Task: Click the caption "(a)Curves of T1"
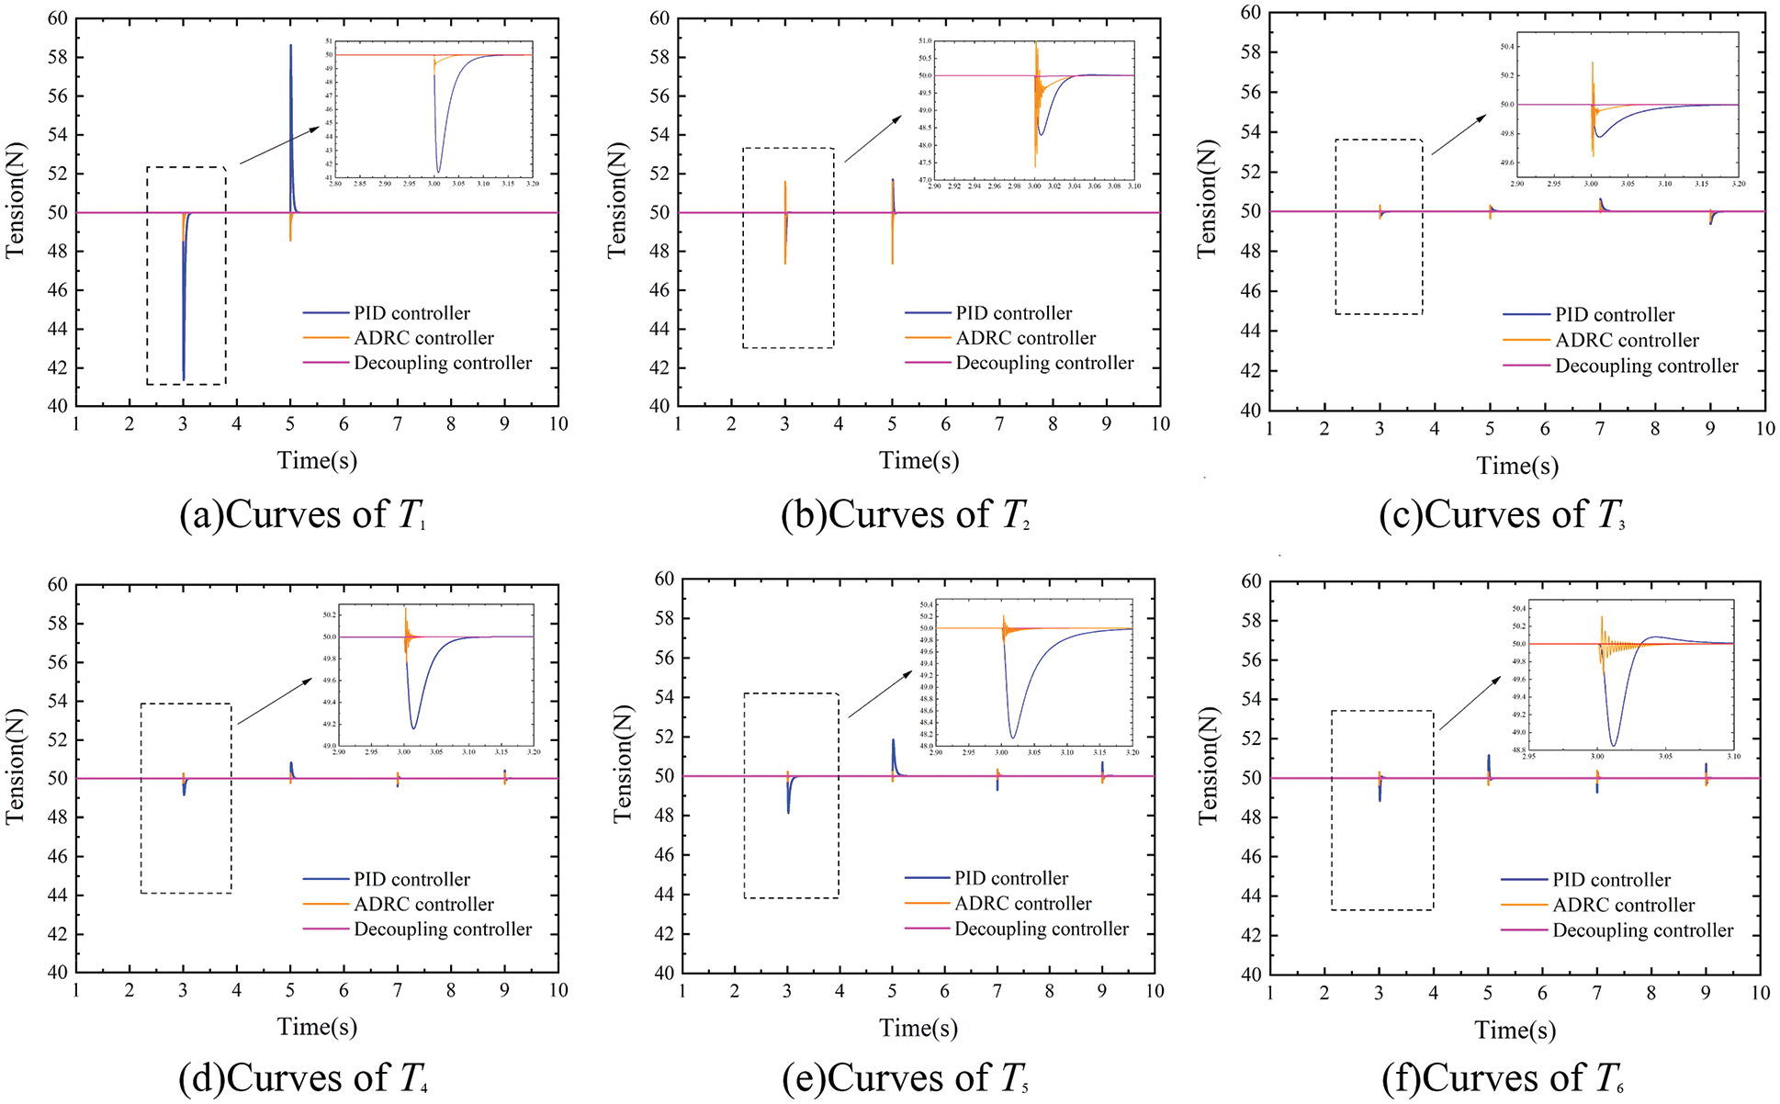(x=303, y=515)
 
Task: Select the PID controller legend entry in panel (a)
(x=411, y=313)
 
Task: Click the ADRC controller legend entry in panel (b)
(x=1025, y=338)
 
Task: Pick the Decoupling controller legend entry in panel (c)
(x=1646, y=366)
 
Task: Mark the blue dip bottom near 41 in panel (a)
(x=184, y=377)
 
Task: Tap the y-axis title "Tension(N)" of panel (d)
(x=16, y=765)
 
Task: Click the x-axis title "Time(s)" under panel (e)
(x=918, y=1028)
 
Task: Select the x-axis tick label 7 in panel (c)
(x=1600, y=429)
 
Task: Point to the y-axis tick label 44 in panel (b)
(x=659, y=329)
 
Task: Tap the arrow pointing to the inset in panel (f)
(x=1470, y=704)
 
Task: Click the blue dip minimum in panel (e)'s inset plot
(x=1013, y=737)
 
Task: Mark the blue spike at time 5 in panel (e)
(x=893, y=742)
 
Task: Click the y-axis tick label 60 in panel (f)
(x=1251, y=581)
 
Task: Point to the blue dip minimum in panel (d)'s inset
(x=413, y=727)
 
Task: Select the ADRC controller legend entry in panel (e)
(x=1022, y=904)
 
